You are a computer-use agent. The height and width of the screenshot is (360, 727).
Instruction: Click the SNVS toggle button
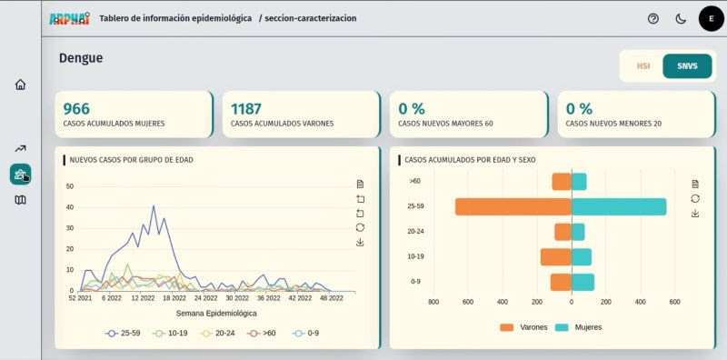[687, 65]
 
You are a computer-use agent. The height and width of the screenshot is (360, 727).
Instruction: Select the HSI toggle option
[643, 65]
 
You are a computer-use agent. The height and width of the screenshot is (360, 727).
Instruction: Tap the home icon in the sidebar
[20, 85]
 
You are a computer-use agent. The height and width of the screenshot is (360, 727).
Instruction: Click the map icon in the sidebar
[20, 200]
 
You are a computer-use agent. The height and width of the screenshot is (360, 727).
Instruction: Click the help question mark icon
[653, 19]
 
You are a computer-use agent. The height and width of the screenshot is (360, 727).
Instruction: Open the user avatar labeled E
[712, 18]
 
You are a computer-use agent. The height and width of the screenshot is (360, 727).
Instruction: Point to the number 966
[76, 108]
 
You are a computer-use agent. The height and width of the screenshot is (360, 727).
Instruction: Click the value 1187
[246, 108]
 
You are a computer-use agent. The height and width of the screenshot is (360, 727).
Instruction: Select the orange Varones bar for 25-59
[513, 207]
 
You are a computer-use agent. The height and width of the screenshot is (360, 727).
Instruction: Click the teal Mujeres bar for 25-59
[619, 207]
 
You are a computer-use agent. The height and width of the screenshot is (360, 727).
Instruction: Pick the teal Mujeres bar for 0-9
[583, 282]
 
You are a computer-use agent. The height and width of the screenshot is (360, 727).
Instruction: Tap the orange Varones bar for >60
[562, 182]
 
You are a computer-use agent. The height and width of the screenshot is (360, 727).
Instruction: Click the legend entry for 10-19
[170, 333]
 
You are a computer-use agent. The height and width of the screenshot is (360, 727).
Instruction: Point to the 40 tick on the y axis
[70, 207]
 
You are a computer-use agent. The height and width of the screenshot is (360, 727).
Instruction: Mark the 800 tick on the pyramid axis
[433, 302]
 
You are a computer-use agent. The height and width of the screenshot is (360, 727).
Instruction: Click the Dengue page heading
[81, 58]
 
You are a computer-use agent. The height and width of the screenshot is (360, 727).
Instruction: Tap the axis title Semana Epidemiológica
[216, 313]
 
